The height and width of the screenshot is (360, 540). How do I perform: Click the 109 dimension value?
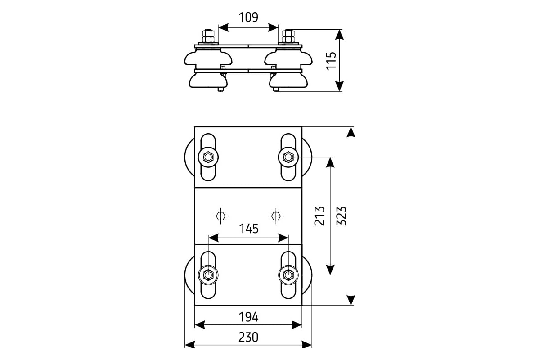tap(248, 18)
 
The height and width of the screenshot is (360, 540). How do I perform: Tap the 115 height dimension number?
tap(331, 61)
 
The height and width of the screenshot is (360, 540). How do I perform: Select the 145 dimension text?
tap(249, 229)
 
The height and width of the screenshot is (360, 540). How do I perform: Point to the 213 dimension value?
tap(319, 216)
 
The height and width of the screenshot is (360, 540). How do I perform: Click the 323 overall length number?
tap(342, 216)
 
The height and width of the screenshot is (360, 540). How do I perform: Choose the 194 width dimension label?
tap(248, 317)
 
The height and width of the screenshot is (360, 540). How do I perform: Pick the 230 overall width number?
tap(248, 337)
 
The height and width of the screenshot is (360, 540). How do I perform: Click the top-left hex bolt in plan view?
tap(208, 157)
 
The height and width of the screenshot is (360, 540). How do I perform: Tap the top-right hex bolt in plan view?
tap(288, 157)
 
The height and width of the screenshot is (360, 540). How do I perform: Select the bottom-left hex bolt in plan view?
tap(208, 274)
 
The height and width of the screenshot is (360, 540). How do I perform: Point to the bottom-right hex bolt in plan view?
tap(288, 274)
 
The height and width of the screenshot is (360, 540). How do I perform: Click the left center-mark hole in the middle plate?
tap(220, 216)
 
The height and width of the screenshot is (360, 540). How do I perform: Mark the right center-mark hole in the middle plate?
tap(276, 216)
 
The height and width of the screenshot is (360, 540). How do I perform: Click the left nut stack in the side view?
tap(208, 36)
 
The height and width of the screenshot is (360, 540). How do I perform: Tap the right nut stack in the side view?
tap(288, 36)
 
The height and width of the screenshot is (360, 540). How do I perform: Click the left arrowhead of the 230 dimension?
tap(190, 345)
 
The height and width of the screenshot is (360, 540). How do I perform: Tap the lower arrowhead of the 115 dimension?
tap(339, 86)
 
